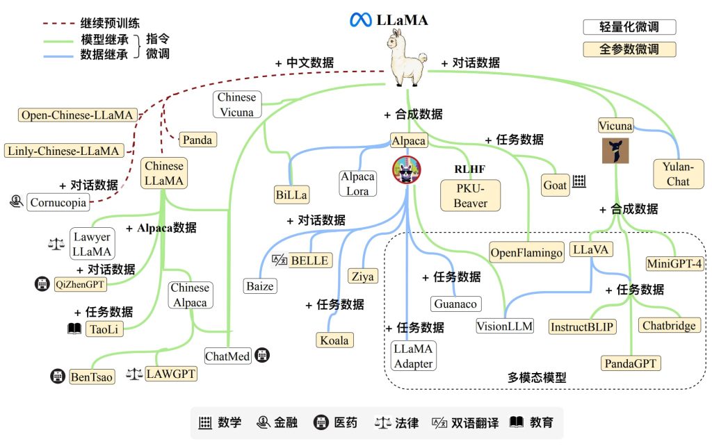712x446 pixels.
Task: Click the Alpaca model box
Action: coord(409,140)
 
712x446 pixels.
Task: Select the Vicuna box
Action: coord(615,126)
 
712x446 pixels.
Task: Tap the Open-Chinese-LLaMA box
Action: coord(77,115)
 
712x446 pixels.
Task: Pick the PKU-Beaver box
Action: coord(471,195)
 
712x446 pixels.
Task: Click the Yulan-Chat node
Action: coord(679,174)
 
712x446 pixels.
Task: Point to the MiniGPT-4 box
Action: coord(674,263)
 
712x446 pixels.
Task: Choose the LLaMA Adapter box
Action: coord(413,356)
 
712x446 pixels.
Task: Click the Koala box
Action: coord(334,340)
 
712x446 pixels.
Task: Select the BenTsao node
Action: coord(92,377)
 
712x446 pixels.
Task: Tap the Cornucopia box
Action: coord(58,202)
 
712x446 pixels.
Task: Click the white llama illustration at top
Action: coord(406,58)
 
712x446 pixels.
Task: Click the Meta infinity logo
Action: coord(361,20)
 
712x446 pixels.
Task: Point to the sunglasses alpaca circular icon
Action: coord(407,170)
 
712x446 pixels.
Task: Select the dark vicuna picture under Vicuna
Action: coord(615,151)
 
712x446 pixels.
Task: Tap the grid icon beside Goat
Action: coord(579,181)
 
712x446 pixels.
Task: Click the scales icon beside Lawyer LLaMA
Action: coord(56,244)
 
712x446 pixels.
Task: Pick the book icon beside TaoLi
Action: coord(74,329)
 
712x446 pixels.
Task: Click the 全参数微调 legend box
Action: coord(629,49)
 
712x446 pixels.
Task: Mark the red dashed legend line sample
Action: coord(59,23)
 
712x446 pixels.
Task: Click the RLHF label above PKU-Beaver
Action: coord(470,170)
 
